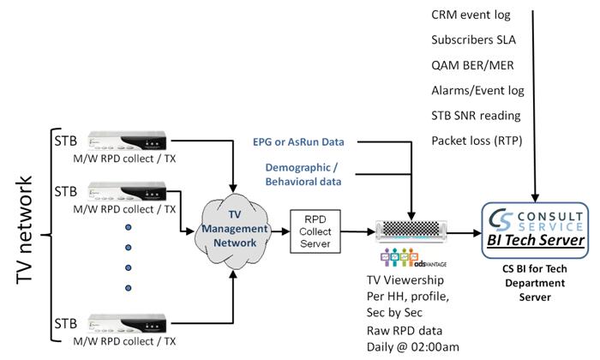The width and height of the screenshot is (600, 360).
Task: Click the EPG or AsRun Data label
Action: coord(303,141)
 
